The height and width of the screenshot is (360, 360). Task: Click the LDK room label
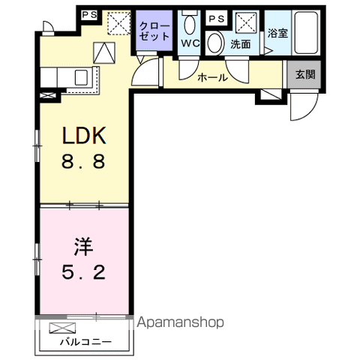tap(84, 135)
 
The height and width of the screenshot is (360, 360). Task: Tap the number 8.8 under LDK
tap(83, 161)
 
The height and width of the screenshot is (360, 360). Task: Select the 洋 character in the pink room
tap(83, 247)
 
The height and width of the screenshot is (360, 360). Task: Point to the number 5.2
tap(83, 272)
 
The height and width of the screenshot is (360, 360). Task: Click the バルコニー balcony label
tap(85, 342)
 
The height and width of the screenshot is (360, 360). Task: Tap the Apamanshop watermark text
tap(180, 322)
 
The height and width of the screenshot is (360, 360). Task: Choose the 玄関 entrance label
tap(305, 74)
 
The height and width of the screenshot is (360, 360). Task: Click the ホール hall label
tap(212, 78)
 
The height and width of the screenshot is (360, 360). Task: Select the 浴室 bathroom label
tap(277, 33)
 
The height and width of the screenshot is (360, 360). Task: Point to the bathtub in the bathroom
tap(306, 33)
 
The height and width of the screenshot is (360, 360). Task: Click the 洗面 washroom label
tap(240, 44)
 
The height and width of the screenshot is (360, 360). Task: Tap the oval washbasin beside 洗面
tap(215, 43)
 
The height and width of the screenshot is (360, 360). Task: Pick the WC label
tap(190, 43)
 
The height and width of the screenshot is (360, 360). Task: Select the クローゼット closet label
tap(154, 31)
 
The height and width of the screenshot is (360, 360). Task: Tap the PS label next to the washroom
tap(217, 19)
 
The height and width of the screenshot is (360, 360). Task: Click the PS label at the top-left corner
tap(89, 15)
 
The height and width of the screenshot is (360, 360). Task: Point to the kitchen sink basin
tap(81, 77)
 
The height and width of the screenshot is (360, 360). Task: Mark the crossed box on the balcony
tap(62, 328)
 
